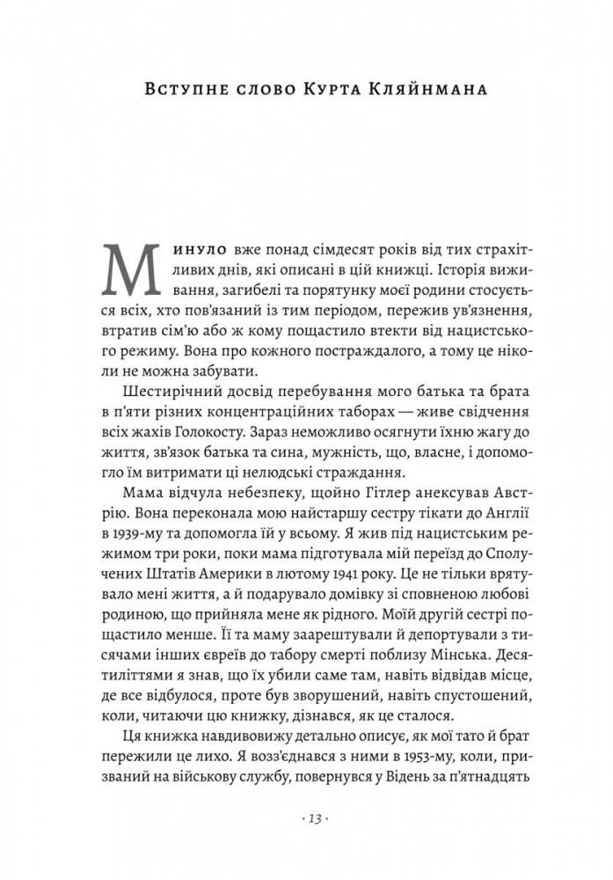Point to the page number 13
[x=307, y=818]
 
